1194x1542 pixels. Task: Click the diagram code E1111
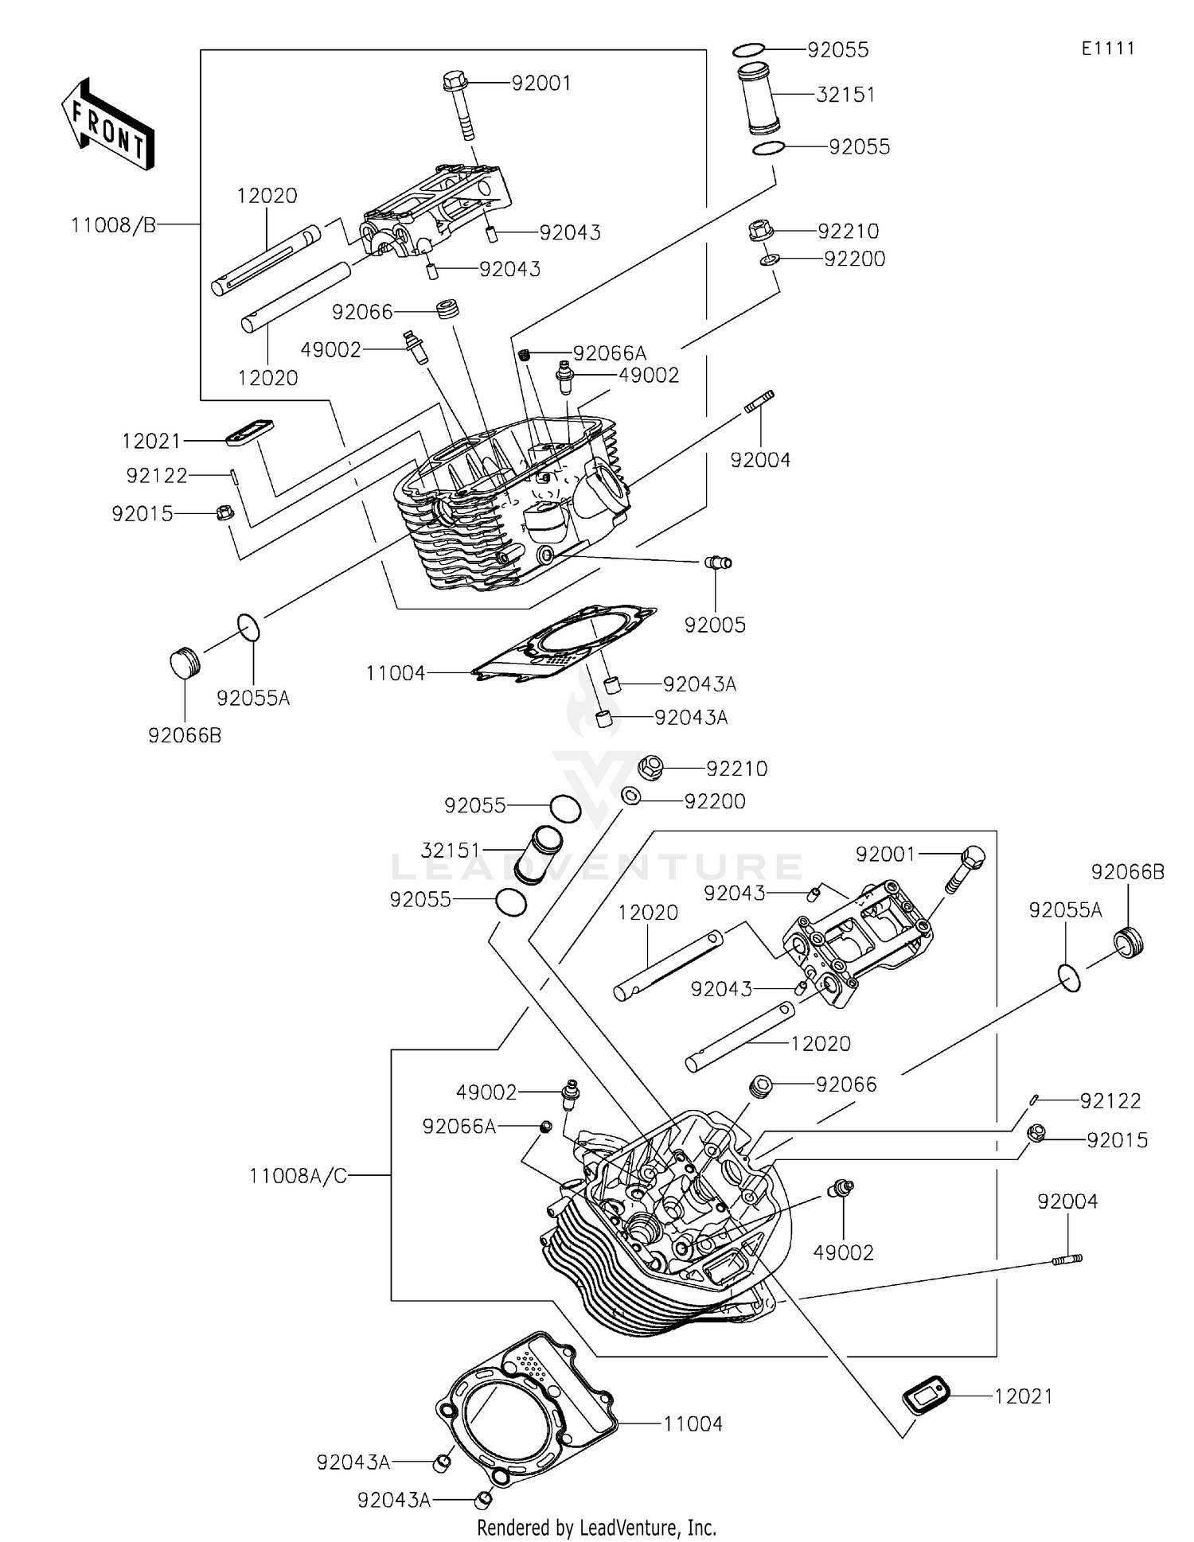click(x=1107, y=49)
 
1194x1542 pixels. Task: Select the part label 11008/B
click(x=113, y=225)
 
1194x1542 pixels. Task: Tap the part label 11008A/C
click(x=298, y=1175)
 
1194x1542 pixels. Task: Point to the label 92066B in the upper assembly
click(x=185, y=735)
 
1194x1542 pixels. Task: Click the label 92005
click(x=715, y=625)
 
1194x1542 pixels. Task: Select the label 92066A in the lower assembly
click(x=459, y=1126)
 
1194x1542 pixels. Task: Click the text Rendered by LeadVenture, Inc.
click(x=596, y=1528)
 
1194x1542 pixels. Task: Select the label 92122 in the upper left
click(x=157, y=476)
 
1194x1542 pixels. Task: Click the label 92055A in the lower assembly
click(x=1065, y=910)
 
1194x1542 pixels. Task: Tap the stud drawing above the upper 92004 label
click(x=759, y=401)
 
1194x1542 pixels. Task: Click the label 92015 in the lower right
click(x=1117, y=1140)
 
